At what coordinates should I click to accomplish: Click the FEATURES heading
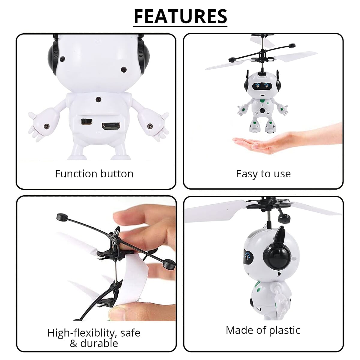click(x=180, y=16)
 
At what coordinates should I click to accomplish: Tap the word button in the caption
click(x=117, y=174)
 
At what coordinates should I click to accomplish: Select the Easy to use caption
click(x=263, y=174)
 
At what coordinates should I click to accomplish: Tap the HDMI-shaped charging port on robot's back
click(x=111, y=126)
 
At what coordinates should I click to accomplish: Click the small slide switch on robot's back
click(x=86, y=121)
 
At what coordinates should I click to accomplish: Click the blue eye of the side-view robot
click(x=247, y=256)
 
